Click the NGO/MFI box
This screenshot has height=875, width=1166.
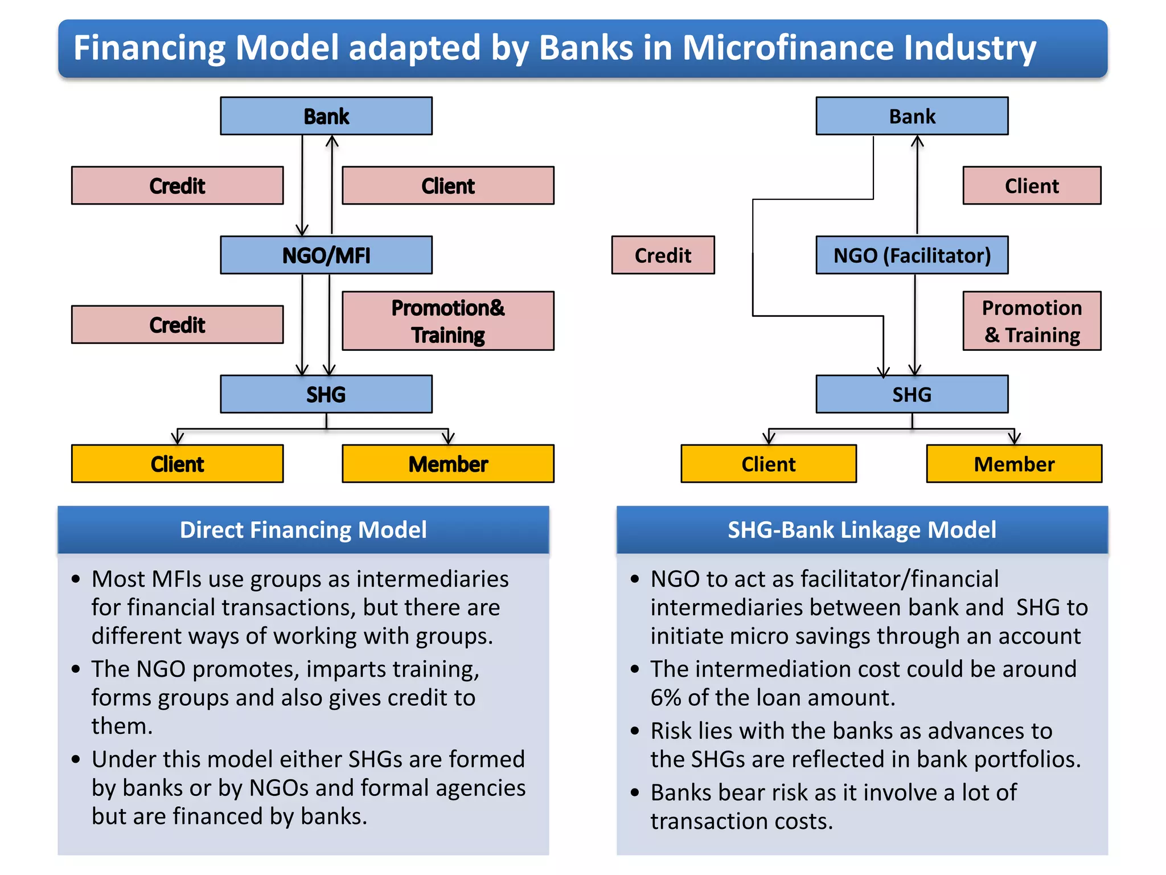[x=326, y=255]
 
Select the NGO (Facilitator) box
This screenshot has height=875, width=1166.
[x=912, y=255]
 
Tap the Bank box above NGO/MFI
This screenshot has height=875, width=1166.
[x=326, y=116]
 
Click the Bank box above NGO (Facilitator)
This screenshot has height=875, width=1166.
[x=912, y=116]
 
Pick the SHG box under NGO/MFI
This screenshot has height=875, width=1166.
[x=326, y=394]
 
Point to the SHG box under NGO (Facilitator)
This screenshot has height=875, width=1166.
[x=912, y=394]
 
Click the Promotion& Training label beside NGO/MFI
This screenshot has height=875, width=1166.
[x=448, y=321]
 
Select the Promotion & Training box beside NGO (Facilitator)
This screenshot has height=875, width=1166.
[x=1032, y=321]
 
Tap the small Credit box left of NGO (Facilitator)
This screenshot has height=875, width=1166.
[x=663, y=255]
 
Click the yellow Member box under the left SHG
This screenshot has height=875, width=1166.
[x=448, y=464]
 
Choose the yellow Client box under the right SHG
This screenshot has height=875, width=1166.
[x=769, y=464]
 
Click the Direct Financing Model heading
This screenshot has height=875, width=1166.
[x=303, y=530]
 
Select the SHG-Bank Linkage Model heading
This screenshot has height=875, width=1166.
[x=862, y=530]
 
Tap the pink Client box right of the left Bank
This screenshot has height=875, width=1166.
[x=448, y=186]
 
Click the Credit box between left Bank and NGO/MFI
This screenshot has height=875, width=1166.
[x=177, y=186]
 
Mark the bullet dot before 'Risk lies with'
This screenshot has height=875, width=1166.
[x=635, y=731]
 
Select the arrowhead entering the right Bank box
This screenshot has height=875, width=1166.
[x=917, y=141]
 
